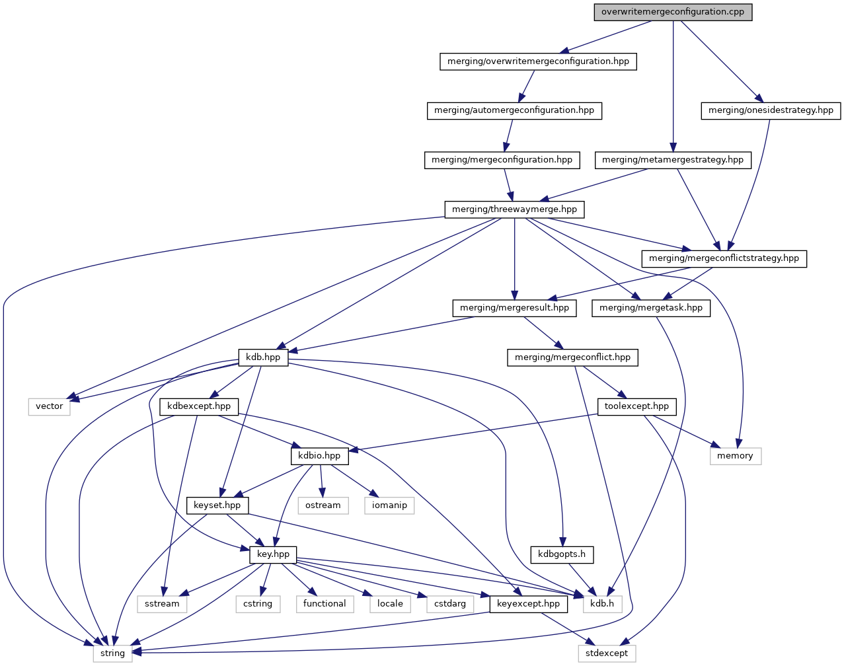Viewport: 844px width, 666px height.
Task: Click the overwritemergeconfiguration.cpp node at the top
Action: tap(673, 12)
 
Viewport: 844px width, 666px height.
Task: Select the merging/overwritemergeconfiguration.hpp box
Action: tap(538, 61)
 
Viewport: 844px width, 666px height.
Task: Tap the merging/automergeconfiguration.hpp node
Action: tap(514, 110)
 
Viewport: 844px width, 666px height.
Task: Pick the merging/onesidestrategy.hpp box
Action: tap(771, 110)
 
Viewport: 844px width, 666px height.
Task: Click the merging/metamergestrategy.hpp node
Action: tap(673, 160)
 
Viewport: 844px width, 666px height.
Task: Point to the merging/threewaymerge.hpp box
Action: tap(514, 209)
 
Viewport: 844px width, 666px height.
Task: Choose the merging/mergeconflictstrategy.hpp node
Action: tap(724, 258)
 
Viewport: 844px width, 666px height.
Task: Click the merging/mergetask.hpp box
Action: tap(651, 308)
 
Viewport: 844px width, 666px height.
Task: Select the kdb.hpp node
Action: tap(263, 357)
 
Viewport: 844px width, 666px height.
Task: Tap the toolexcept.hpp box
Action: tap(636, 406)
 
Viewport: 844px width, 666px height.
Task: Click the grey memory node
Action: tap(735, 456)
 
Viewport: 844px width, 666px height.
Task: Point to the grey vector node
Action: tap(50, 406)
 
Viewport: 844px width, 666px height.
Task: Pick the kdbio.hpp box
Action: tap(319, 456)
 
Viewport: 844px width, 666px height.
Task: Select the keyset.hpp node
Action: tap(217, 505)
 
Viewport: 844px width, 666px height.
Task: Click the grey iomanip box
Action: tap(389, 505)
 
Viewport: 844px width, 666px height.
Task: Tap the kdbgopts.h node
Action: tap(562, 554)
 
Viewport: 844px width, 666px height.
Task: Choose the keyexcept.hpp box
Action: tap(528, 604)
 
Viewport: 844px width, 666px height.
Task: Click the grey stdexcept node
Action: tap(607, 653)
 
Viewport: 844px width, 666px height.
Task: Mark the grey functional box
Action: tap(325, 604)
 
